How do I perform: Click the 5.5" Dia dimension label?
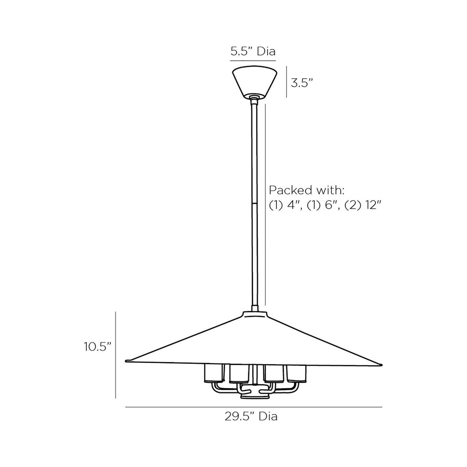coord(253,51)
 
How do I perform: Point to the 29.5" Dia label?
coord(251,417)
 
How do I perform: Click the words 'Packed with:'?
coord(306,190)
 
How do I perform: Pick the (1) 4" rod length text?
coord(283,205)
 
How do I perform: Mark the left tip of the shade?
coord(127,360)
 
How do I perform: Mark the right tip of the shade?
coord(381,365)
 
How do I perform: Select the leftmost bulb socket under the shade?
coord(214,373)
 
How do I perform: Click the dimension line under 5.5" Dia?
coord(253,60)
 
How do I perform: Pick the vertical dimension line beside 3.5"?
coord(286,81)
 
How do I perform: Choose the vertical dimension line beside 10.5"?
coord(116,355)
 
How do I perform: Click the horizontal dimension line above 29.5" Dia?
coord(254,407)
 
